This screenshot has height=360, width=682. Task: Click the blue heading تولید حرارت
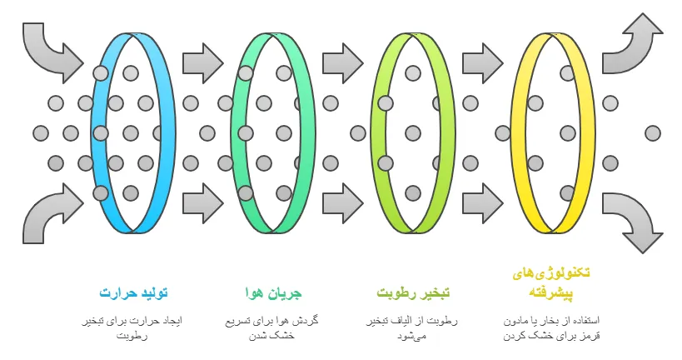pyautogui.click(x=133, y=293)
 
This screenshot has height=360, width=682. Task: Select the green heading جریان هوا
pyautogui.click(x=273, y=293)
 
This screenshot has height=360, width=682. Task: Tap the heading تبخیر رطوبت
pyautogui.click(x=413, y=293)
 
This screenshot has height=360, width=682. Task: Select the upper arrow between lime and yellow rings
pyautogui.click(x=483, y=61)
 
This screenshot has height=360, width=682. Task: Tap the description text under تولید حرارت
pyautogui.click(x=133, y=328)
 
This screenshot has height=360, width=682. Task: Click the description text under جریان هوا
pyautogui.click(x=273, y=328)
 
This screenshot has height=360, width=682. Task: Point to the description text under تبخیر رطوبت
pyautogui.click(x=413, y=328)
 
